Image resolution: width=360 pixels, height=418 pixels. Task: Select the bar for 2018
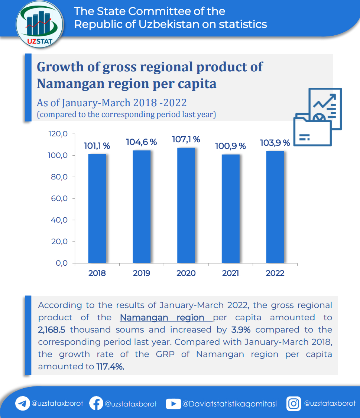pyautogui.click(x=97, y=208)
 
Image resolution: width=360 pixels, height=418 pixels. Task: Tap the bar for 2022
pyautogui.click(x=275, y=207)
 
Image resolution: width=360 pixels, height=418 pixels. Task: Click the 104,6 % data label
pyautogui.click(x=141, y=142)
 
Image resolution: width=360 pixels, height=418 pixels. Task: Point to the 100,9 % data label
pyautogui.click(x=230, y=146)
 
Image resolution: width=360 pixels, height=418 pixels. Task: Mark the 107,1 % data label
pyautogui.click(x=186, y=139)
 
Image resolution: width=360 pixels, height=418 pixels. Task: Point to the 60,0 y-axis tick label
pyautogui.click(x=59, y=198)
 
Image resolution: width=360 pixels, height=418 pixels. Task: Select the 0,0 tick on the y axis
pyautogui.click(x=61, y=263)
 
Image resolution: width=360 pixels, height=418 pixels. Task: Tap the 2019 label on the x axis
pyautogui.click(x=142, y=273)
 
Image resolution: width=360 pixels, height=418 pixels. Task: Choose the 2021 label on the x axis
pyautogui.click(x=230, y=273)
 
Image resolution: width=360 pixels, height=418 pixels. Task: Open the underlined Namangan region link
pyautogui.click(x=162, y=318)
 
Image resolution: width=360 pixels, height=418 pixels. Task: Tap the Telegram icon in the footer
pyautogui.click(x=23, y=404)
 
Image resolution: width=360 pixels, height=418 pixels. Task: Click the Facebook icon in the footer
pyautogui.click(x=96, y=404)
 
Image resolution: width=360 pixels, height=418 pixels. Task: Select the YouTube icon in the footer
pyautogui.click(x=173, y=404)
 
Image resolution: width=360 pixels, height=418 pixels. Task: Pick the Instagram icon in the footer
pyautogui.click(x=293, y=404)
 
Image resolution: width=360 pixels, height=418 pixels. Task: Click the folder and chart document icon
pyautogui.click(x=318, y=117)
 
